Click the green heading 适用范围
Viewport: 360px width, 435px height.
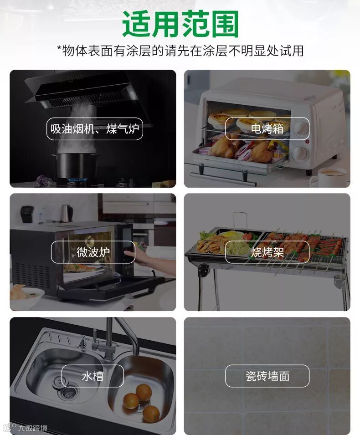point(180,24)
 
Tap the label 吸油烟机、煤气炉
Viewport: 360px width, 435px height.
point(95,129)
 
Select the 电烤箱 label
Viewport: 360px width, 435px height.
point(267,128)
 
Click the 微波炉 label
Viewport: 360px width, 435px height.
point(93,252)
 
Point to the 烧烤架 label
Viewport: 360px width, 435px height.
point(267,252)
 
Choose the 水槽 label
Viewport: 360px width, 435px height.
point(93,376)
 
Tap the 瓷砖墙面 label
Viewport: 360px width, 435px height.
point(267,376)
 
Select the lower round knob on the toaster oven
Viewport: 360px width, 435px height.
point(300,153)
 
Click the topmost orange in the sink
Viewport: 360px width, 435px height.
point(144,392)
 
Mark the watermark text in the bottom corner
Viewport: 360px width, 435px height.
point(26,428)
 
